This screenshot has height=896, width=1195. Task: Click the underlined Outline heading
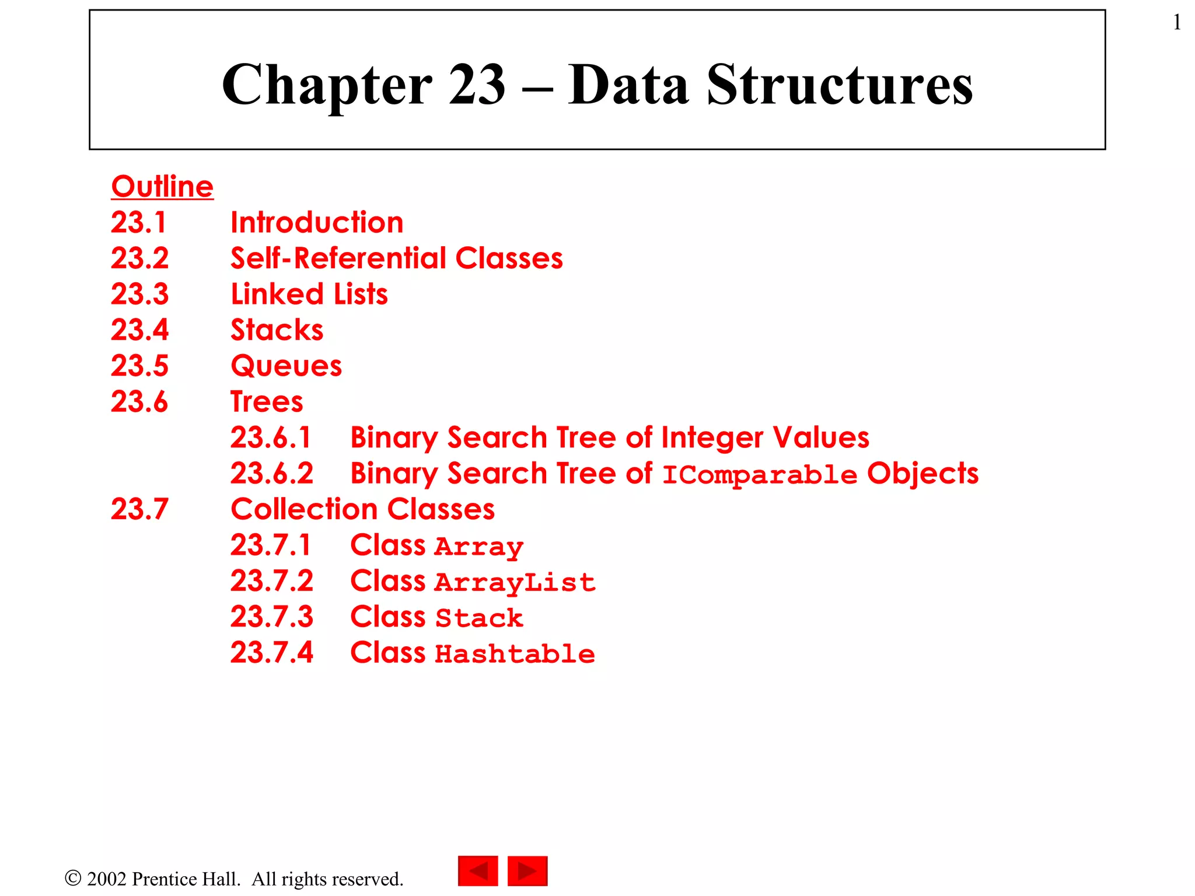pyautogui.click(x=162, y=187)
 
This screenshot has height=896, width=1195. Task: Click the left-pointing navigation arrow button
pyautogui.click(x=478, y=871)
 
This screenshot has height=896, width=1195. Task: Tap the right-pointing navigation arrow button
pyautogui.click(x=527, y=871)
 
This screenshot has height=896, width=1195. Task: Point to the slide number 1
pyautogui.click(x=1177, y=23)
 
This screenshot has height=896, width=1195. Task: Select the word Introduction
pyautogui.click(x=317, y=223)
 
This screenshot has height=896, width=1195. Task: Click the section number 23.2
pyautogui.click(x=139, y=258)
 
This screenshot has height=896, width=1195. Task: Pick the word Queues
pyautogui.click(x=286, y=366)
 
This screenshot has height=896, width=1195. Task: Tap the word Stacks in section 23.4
pyautogui.click(x=277, y=330)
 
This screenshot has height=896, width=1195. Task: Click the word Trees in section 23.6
pyautogui.click(x=267, y=402)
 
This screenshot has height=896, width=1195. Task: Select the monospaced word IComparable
pyautogui.click(x=759, y=475)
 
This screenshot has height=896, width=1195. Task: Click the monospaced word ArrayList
pyautogui.click(x=515, y=583)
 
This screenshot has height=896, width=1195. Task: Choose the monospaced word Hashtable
pyautogui.click(x=515, y=654)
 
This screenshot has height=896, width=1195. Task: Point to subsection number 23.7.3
pyautogui.click(x=271, y=617)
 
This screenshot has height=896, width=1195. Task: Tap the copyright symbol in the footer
pyautogui.click(x=73, y=878)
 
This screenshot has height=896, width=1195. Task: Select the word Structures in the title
pyautogui.click(x=840, y=85)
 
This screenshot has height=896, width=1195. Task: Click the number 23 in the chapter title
pyautogui.click(x=477, y=85)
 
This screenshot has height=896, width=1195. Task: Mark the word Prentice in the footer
pyautogui.click(x=186, y=879)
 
